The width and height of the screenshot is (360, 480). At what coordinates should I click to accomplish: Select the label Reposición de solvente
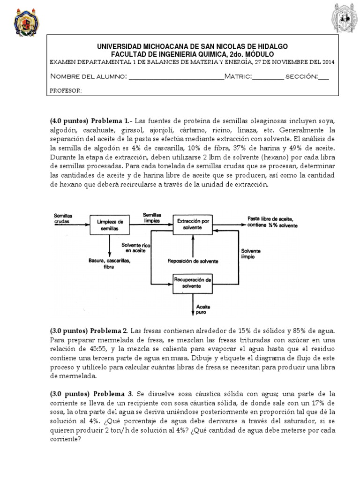point(192,261)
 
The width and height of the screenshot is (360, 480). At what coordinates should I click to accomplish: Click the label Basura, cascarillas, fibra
point(109,264)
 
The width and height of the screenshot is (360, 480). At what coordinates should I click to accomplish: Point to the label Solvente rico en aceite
point(135,248)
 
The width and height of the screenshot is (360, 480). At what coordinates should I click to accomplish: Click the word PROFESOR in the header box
point(66,90)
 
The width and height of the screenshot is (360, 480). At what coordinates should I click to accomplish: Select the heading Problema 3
point(112,393)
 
